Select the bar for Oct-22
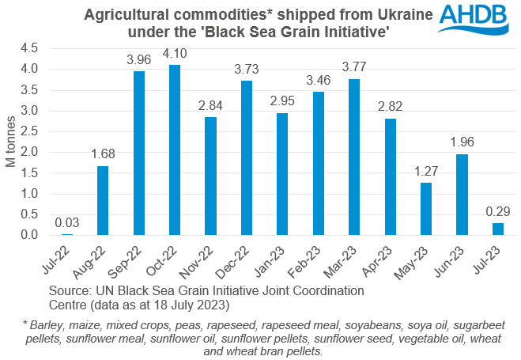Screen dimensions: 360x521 [175, 150]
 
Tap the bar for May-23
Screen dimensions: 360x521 [425, 209]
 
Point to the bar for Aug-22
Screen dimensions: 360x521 [103, 200]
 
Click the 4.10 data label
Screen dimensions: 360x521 [175, 55]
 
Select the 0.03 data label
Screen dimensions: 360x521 [67, 224]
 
